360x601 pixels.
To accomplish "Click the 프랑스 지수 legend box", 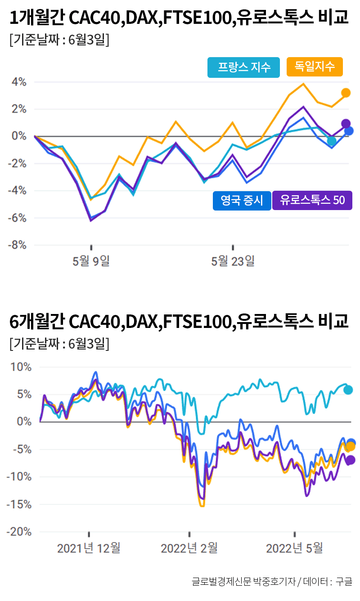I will tap(243, 67).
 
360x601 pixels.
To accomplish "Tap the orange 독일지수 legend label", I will tap(315, 67).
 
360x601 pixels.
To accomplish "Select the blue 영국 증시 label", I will tap(242, 201).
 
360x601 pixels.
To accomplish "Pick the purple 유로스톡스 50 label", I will tap(312, 201).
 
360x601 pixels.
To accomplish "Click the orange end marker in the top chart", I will tap(346, 93).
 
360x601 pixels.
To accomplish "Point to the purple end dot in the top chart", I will tap(346, 124).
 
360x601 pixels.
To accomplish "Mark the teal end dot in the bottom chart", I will tap(348, 390).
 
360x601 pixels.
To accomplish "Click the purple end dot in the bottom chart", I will tap(350, 460).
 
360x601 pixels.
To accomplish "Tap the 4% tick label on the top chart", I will tap(19, 82).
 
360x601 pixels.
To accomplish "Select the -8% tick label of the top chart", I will tap(18, 245).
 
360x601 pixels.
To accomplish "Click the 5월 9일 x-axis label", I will tap(91, 260).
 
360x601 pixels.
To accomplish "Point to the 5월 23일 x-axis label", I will tap(233, 260).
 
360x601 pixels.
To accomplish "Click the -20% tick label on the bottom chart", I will tap(18, 532).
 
